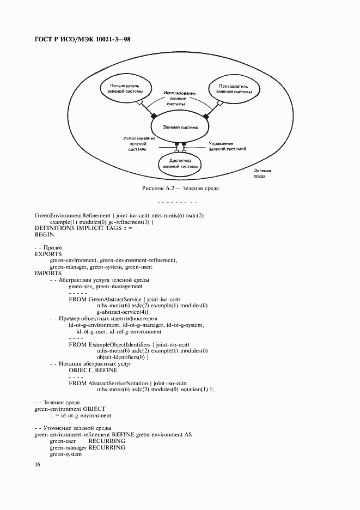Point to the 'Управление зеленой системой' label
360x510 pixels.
pyautogui.click(x=228, y=145)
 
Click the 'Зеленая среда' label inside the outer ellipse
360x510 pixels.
pyautogui.click(x=263, y=173)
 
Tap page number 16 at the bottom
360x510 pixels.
pyautogui.click(x=38, y=465)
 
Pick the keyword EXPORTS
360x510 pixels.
pyautogui.click(x=48, y=254)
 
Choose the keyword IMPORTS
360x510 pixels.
pyautogui.click(x=48, y=273)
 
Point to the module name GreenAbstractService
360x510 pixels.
pyautogui.click(x=114, y=299)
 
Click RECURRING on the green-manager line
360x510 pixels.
pyautogui.click(x=107, y=447)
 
